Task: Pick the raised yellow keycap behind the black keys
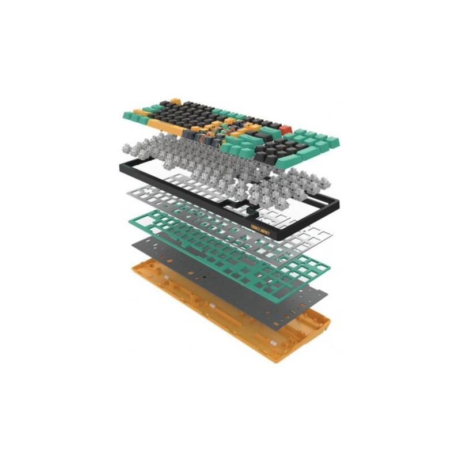[175, 102]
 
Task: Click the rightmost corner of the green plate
[330, 266]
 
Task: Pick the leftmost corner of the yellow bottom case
[133, 266]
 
